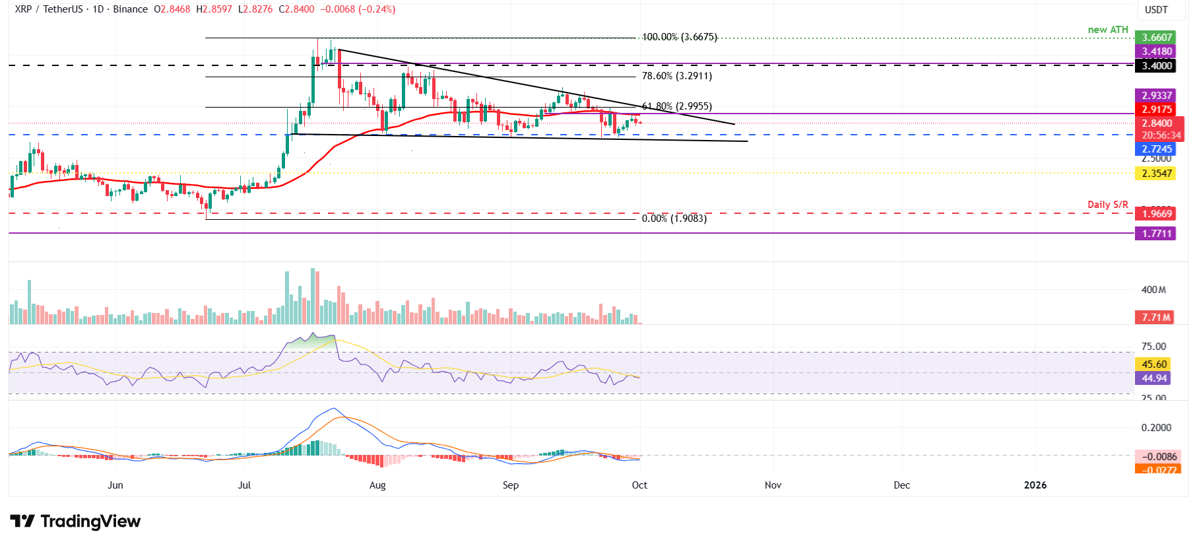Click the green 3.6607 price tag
click(x=1157, y=38)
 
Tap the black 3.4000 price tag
click(x=1157, y=65)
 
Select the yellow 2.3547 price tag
click(x=1157, y=174)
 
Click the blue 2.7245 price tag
click(x=1157, y=149)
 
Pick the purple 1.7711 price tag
click(x=1157, y=234)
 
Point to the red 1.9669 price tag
click(x=1157, y=214)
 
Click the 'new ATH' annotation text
click(x=1108, y=30)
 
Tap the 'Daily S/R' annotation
click(x=1107, y=205)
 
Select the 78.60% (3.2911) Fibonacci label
click(x=676, y=76)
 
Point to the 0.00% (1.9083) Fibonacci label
click(x=674, y=219)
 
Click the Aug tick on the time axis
click(x=377, y=485)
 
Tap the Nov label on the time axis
click(x=773, y=485)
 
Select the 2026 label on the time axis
click(x=1035, y=485)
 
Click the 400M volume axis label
click(x=1153, y=290)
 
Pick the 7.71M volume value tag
click(x=1155, y=318)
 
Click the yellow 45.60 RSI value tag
click(x=1154, y=364)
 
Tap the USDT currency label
click(x=1156, y=10)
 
